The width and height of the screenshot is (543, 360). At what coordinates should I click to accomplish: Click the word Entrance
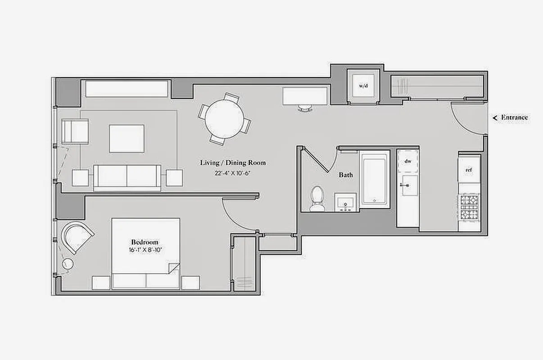[x=514, y=117]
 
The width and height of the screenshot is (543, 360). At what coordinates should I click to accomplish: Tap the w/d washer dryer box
[x=363, y=85]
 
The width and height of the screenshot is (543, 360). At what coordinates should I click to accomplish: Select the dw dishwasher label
[x=408, y=161]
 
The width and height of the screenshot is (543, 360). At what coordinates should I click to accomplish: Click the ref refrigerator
[x=469, y=170]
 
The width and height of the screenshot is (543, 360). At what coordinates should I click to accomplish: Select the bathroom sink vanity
[x=345, y=202]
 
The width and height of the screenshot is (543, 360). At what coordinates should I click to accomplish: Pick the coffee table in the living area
[x=127, y=139]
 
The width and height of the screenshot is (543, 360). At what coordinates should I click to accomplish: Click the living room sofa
[x=127, y=177]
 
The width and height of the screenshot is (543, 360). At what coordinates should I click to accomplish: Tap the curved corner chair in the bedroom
[x=77, y=235]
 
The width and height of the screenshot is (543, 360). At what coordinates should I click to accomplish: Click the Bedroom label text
[x=145, y=242]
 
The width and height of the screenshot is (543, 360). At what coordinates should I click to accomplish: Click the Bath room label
[x=346, y=175]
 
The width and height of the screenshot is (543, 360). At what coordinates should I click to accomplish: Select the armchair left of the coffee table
[x=75, y=131]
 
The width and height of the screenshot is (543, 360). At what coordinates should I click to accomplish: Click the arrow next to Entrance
[x=495, y=118]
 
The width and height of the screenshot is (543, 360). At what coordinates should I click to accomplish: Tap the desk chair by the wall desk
[x=305, y=108]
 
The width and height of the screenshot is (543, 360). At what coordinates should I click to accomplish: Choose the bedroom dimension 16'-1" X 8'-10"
[x=145, y=250]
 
